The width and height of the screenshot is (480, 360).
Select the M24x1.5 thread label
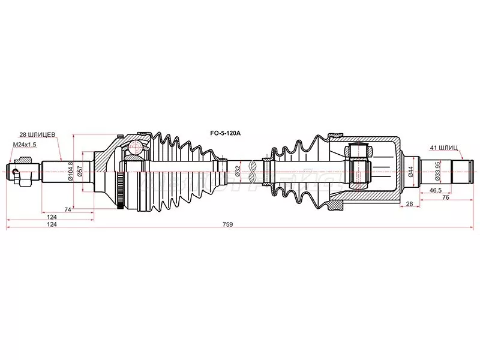pos(25,145)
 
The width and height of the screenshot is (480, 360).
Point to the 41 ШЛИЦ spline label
pos(444,146)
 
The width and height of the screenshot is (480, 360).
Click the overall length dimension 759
pos(227,224)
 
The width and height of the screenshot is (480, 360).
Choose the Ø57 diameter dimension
pos(88,172)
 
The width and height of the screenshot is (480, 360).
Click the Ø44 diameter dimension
pos(410,172)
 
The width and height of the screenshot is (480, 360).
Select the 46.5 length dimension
pos(436,190)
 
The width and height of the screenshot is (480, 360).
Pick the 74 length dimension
pos(68,209)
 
